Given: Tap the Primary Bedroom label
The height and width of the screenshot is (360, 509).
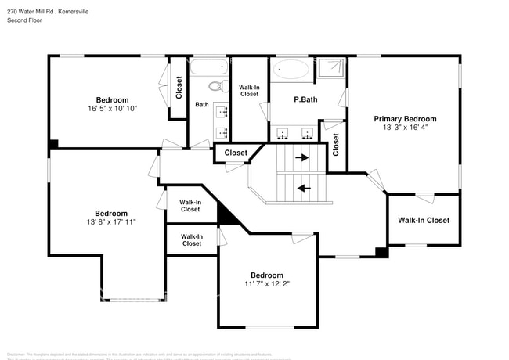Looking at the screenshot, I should coord(405,119).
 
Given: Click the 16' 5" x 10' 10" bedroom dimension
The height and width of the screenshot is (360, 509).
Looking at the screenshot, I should coord(112,109).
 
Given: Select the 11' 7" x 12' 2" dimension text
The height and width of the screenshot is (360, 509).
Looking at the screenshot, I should coord(266,284).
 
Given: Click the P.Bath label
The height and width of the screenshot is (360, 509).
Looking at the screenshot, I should coord(305,99).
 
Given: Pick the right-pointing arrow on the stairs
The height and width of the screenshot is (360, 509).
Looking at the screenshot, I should coord(301,157).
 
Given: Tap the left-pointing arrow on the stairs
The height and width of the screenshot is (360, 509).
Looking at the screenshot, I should coord(302,187).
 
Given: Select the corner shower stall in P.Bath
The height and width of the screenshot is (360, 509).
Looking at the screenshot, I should coord(330,69).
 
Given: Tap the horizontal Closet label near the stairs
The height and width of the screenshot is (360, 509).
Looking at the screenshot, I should coord(236,153).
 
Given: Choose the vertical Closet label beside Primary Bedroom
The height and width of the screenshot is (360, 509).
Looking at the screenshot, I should coord(336,143).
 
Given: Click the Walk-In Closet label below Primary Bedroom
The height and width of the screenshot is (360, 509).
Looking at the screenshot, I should coord(423,221).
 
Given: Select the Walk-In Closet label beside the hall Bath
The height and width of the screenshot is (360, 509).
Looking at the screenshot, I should coord(249,90).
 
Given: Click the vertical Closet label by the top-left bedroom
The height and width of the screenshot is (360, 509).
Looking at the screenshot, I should coord(179,86).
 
